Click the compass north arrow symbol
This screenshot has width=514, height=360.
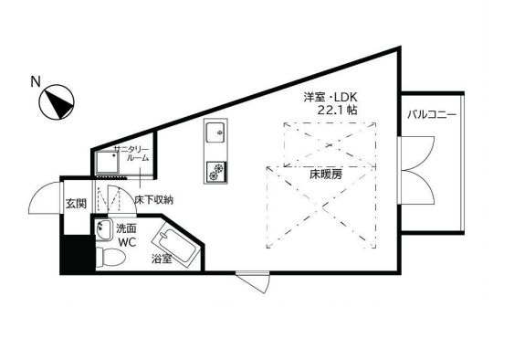(57, 101)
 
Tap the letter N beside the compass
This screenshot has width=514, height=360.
(36, 81)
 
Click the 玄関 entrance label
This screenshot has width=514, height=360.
(76, 204)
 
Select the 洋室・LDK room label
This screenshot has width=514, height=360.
(330, 97)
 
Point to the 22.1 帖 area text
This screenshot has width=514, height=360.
(337, 110)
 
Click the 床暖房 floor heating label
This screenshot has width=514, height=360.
(326, 175)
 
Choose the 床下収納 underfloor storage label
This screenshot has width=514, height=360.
(153, 200)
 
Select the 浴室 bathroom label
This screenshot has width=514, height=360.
(162, 259)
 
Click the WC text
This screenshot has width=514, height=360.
(127, 242)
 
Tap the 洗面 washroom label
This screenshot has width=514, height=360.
(126, 228)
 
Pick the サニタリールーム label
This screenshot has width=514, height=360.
(131, 154)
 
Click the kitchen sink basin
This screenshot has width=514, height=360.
(215, 132)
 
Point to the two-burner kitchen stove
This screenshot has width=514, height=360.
(215, 172)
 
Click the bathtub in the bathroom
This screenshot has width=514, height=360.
(175, 247)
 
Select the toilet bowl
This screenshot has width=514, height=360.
(110, 258)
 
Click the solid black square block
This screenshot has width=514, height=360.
(77, 254)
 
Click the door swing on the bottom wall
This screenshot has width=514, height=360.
(254, 283)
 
